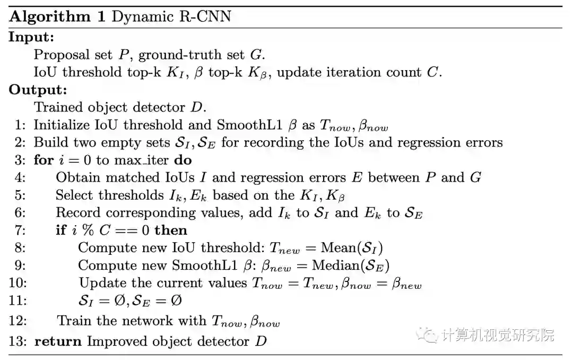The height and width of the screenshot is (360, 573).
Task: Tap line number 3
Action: (x=20, y=160)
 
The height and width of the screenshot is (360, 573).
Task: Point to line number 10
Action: (x=17, y=283)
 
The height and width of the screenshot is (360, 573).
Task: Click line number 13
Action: (x=18, y=341)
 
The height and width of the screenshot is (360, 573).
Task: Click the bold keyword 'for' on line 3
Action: (x=44, y=160)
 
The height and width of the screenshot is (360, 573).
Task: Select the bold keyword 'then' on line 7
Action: (x=171, y=230)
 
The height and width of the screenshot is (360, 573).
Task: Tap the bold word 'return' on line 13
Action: (x=58, y=341)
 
